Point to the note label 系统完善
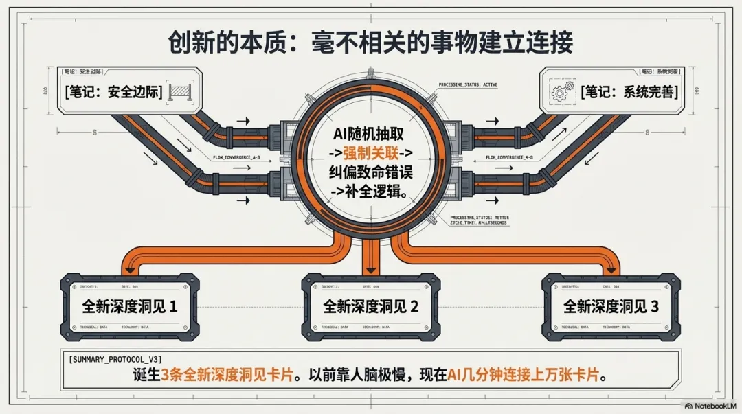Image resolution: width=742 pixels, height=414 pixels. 629,91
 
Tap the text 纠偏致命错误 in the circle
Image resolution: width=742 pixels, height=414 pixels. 371,171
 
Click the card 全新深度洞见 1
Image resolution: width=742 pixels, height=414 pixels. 129,306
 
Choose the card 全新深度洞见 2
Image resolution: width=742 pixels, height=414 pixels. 370,306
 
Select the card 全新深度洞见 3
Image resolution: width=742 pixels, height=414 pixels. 611,306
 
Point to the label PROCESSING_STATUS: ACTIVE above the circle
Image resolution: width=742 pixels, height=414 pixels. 468,84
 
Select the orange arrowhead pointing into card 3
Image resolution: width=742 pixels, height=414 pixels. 611,268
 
